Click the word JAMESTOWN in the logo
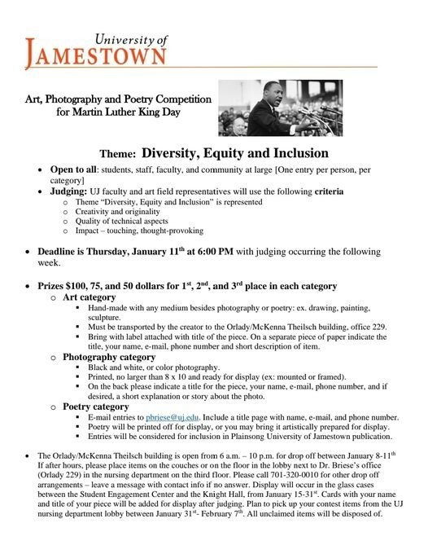(98, 56)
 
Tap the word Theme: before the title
(118, 154)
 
